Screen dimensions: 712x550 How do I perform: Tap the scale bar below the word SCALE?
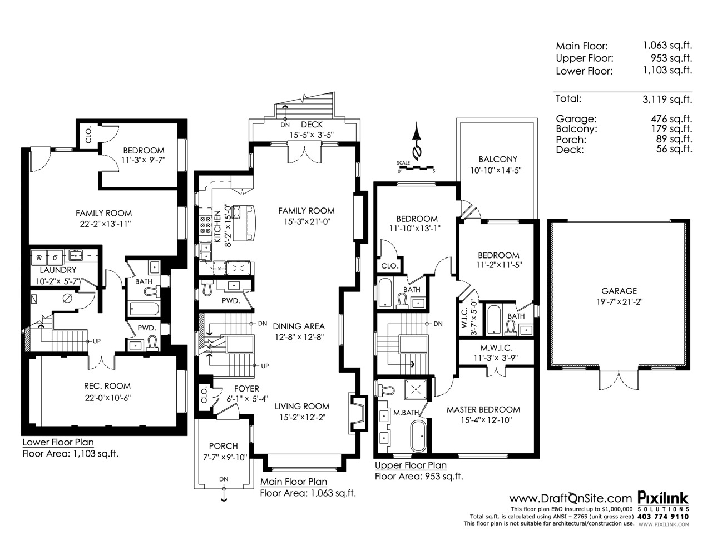click(x=417, y=168)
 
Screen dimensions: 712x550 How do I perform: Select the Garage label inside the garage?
click(x=619, y=290)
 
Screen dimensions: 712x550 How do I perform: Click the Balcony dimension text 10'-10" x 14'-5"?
click(x=496, y=170)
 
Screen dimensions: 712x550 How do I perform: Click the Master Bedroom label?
click(x=483, y=409)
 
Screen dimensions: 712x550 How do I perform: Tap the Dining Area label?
click(x=299, y=326)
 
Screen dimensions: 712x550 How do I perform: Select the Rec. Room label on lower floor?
click(x=107, y=386)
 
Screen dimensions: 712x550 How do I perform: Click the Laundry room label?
click(x=58, y=270)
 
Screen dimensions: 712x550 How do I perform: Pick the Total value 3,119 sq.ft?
click(x=667, y=99)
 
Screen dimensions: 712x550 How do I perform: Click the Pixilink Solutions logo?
click(x=663, y=503)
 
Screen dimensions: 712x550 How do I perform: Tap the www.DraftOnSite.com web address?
click(x=571, y=499)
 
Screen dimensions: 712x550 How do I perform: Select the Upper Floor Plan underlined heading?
click(x=411, y=465)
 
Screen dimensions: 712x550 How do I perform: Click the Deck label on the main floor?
click(x=311, y=125)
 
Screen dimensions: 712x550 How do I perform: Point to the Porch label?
click(x=224, y=446)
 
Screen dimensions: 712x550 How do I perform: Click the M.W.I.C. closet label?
click(x=496, y=348)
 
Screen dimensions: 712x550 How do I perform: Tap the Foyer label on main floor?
click(x=246, y=389)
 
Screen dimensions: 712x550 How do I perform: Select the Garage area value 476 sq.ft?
click(x=671, y=118)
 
